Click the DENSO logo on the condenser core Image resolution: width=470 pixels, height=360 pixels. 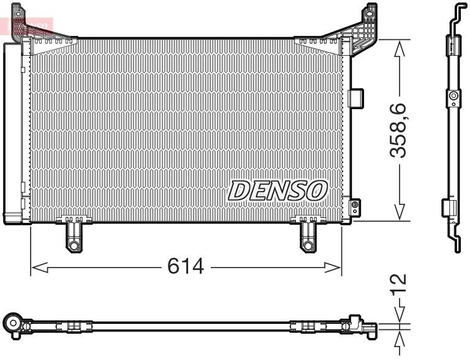pyautogui.click(x=278, y=190)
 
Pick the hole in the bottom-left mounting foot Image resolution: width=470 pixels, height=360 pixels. pyautogui.click(x=74, y=246)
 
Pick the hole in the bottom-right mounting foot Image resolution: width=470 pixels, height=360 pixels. pyautogui.click(x=307, y=246)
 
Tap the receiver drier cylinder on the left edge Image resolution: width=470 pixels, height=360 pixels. pyautogui.click(x=12, y=132)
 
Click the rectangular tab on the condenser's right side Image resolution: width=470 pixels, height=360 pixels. pyautogui.click(x=355, y=97)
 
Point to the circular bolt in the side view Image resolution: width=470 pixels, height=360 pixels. pyautogui.click(x=453, y=96)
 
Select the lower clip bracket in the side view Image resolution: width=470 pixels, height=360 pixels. pyautogui.click(x=448, y=208)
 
